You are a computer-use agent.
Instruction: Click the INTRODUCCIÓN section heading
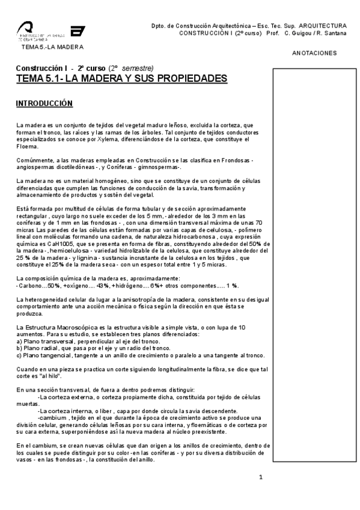(x=44, y=104)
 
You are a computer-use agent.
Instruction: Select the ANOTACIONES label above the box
(x=314, y=53)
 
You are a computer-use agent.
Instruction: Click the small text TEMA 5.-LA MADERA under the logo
(x=52, y=47)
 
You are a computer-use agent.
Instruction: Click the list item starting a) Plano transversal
(x=81, y=340)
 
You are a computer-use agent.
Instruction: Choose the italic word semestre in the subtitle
(x=139, y=67)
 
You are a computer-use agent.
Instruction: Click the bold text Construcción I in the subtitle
(x=40, y=67)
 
